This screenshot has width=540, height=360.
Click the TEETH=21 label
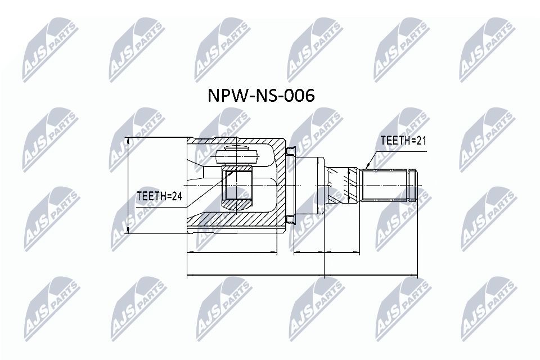(x=403, y=141)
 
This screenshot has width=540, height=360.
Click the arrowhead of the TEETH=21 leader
(x=366, y=168)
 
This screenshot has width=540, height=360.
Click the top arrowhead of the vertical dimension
(x=129, y=140)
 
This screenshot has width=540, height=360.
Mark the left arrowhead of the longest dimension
(x=189, y=276)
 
